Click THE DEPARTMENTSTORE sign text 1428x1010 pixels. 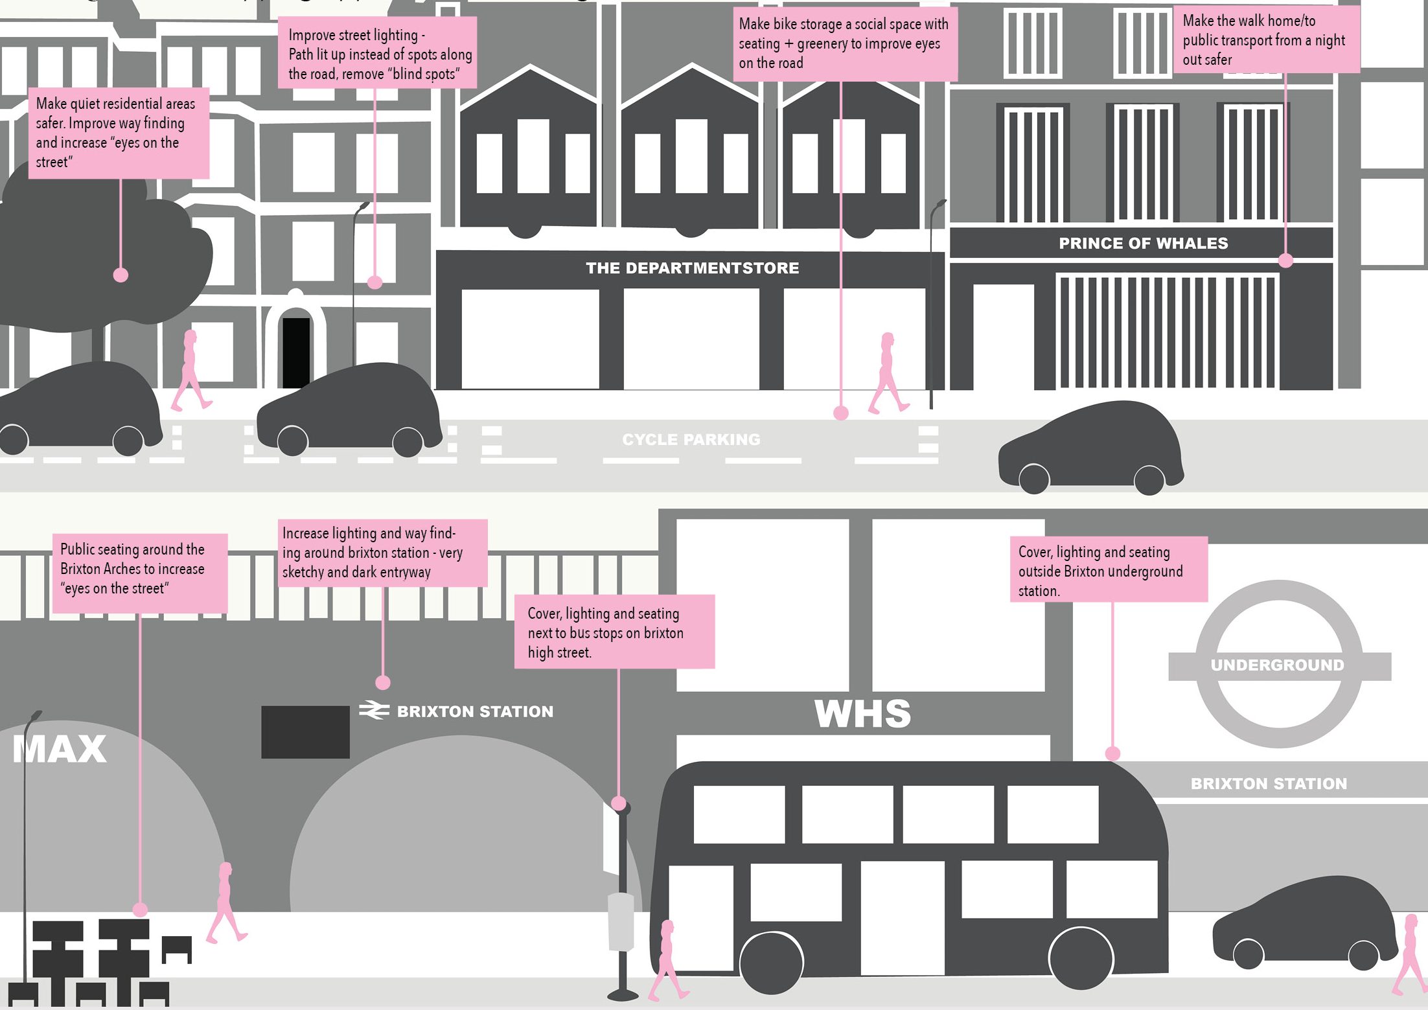(x=692, y=268)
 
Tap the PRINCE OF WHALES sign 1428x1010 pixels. (x=1144, y=244)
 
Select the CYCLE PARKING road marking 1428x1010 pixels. (x=691, y=440)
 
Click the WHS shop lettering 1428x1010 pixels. (x=862, y=713)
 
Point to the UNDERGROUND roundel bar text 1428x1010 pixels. (x=1278, y=665)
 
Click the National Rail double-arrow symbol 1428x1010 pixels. (x=374, y=711)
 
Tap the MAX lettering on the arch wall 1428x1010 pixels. (x=60, y=749)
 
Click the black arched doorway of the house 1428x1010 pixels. (x=296, y=352)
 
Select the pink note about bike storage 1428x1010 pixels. (x=845, y=44)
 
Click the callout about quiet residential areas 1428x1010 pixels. (x=119, y=133)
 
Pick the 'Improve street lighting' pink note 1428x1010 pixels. (x=378, y=52)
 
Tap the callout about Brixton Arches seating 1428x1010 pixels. (x=140, y=573)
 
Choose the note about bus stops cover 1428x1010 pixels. (x=614, y=632)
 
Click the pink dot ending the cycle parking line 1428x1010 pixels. (x=841, y=413)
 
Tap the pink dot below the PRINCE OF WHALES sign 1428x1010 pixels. (x=1285, y=260)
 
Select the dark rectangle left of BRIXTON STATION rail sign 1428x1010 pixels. (x=305, y=732)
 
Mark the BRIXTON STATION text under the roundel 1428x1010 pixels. (x=1269, y=784)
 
